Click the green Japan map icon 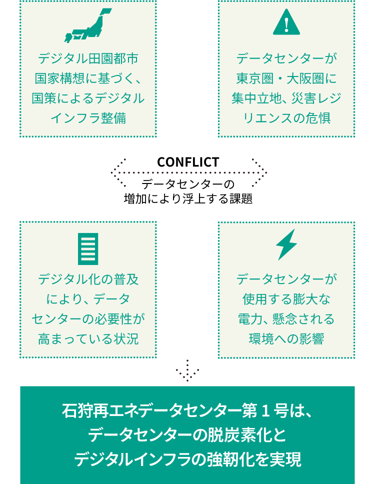[x=87, y=25]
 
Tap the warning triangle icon [x=286, y=23]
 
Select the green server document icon [x=88, y=248]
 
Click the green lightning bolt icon [x=286, y=244]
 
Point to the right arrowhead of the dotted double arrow [x=260, y=172]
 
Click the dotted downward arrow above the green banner [x=187, y=371]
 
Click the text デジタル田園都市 [x=88, y=58]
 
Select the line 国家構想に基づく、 [x=88, y=78]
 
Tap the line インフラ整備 [x=88, y=118]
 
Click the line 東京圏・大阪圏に [x=286, y=78]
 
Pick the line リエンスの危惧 [x=286, y=118]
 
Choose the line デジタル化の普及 [x=88, y=279]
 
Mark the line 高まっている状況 [x=88, y=339]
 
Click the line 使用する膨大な [x=286, y=299]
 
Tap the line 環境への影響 [x=286, y=339]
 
